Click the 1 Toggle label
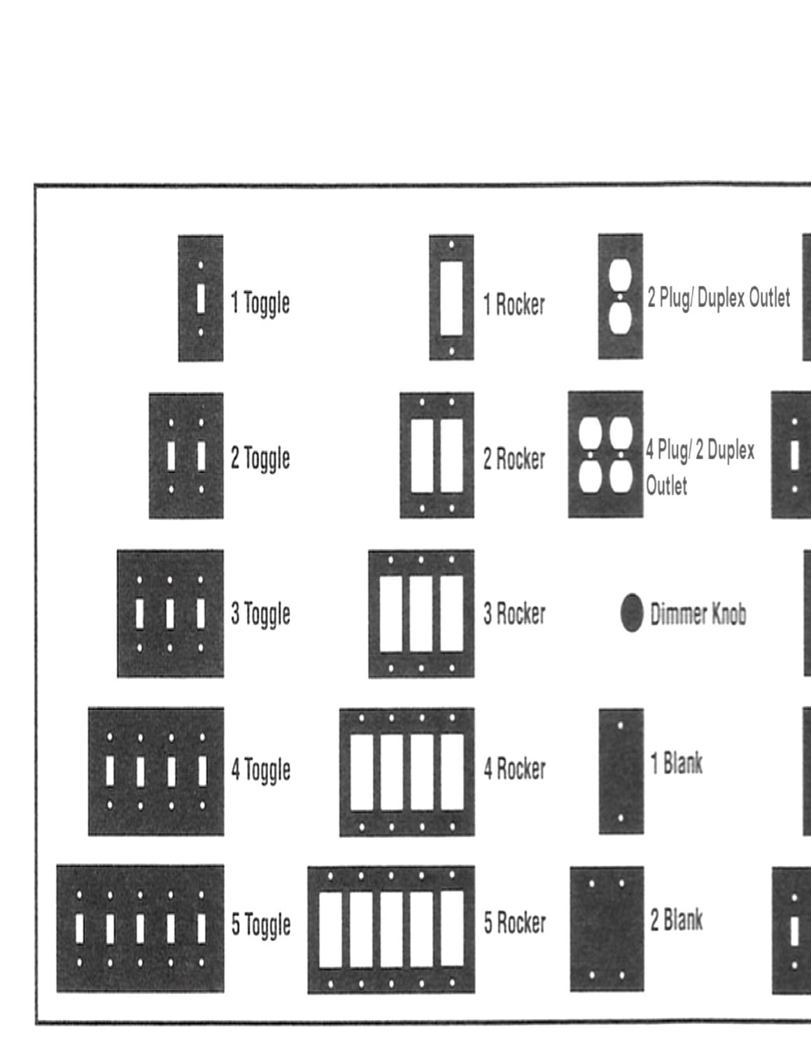coord(260,304)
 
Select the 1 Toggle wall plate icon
coord(200,299)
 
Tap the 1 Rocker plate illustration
coord(451,297)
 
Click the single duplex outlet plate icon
coord(621,297)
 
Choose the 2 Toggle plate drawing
coord(186,456)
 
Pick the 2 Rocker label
coord(514,458)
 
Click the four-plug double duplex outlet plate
coord(606,454)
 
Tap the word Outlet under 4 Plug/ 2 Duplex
coord(667,485)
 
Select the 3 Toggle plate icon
coord(171,613)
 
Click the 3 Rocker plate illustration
coord(421,614)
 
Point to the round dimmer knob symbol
coord(632,612)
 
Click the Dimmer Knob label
coord(698,614)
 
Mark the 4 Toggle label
coord(261,770)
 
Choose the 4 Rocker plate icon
coord(407,771)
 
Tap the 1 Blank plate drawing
coord(621,771)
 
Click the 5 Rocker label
coord(515,923)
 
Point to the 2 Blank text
coord(676,920)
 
